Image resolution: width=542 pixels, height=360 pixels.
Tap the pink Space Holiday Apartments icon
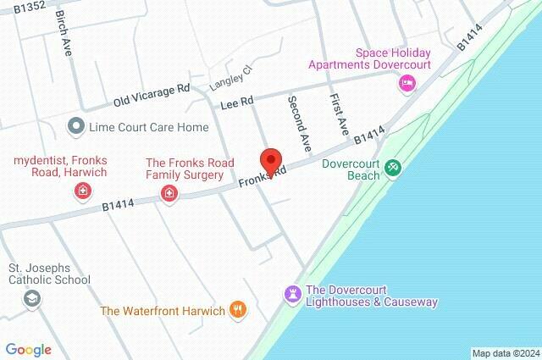pos(406,83)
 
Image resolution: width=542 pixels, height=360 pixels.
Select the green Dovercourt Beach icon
pos(392,168)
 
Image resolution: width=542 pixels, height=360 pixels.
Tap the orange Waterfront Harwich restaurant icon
pos(239,310)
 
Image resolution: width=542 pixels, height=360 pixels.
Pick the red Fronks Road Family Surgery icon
pos(169,194)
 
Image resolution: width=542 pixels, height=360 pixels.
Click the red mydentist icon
pos(82,192)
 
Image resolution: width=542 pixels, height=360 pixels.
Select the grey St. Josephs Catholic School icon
pos(31,298)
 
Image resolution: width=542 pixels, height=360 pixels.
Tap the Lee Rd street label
pos(238,102)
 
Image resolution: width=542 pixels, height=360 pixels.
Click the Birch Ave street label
pos(64,33)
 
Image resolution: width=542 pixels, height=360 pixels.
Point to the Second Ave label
pos(299,118)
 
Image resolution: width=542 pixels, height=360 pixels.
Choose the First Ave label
pos(340,115)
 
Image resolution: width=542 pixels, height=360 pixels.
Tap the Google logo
pos(28,349)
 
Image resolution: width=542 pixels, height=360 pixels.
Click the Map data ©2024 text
pos(505,353)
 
